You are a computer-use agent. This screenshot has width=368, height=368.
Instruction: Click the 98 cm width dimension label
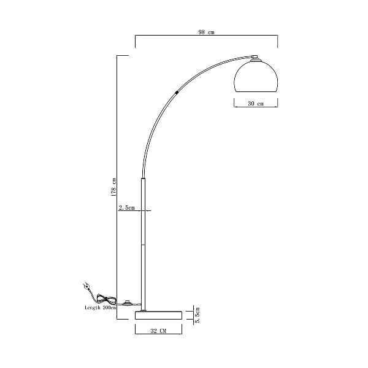pyautogui.click(x=206, y=32)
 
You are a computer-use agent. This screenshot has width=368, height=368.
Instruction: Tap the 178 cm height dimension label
pyautogui.click(x=114, y=187)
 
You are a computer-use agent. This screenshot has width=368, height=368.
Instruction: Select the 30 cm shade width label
pyautogui.click(x=256, y=104)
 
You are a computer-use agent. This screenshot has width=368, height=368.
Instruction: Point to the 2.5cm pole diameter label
pyautogui.click(x=127, y=208)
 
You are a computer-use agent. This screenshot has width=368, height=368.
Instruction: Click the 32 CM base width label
pyautogui.click(x=158, y=331)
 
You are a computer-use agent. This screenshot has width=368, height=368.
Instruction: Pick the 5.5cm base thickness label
pyautogui.click(x=197, y=315)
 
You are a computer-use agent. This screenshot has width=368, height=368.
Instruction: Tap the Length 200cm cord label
pyautogui.click(x=101, y=308)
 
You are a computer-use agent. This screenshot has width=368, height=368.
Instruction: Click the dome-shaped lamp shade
pyautogui.click(x=256, y=77)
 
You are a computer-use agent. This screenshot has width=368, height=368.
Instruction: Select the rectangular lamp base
pyautogui.click(x=159, y=315)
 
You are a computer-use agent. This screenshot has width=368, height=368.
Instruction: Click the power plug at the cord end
pyautogui.click(x=86, y=286)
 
